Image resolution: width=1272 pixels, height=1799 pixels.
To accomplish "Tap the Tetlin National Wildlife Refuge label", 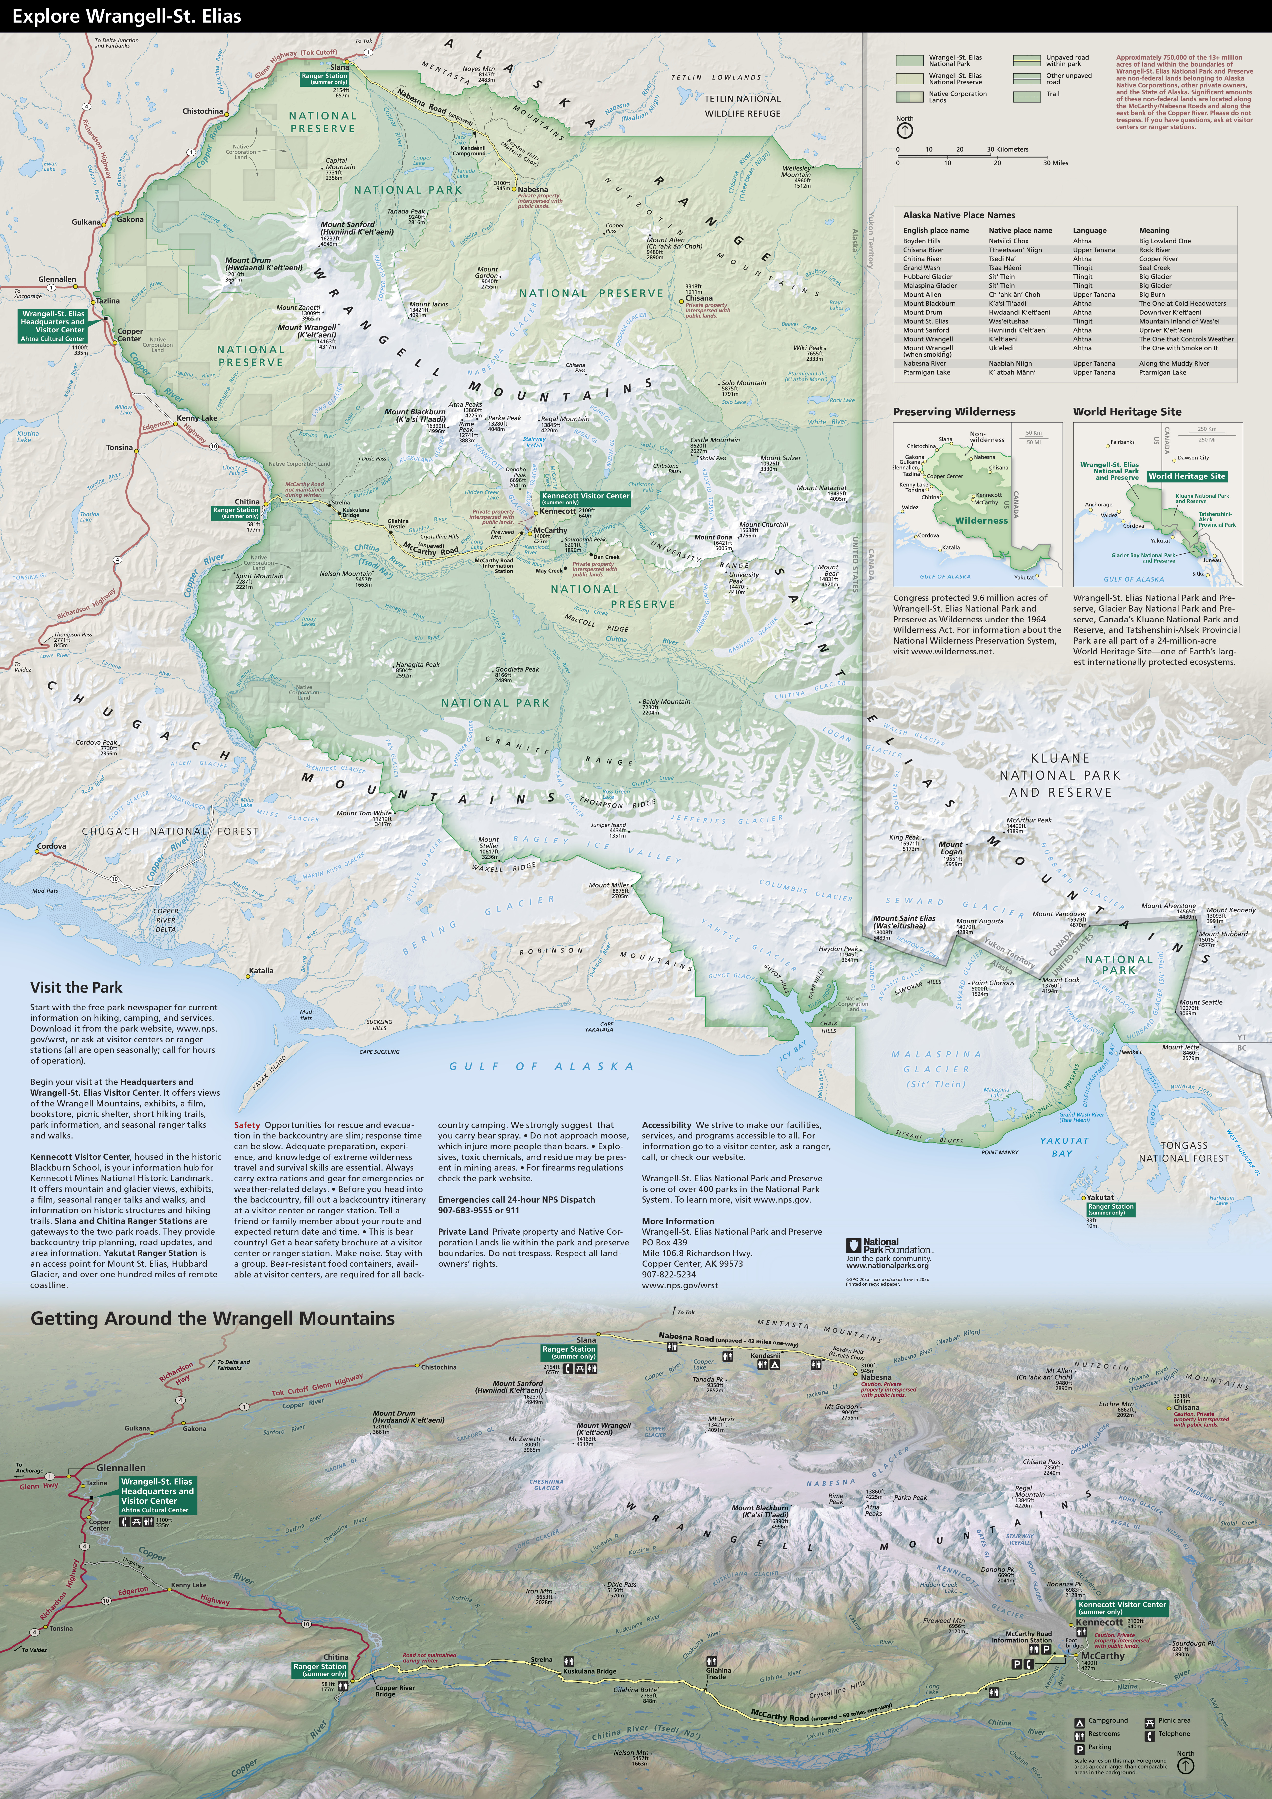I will click(742, 106).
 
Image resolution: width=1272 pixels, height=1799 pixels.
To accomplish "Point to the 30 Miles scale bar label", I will click(1055, 163).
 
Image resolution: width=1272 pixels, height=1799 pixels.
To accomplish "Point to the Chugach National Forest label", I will click(170, 831).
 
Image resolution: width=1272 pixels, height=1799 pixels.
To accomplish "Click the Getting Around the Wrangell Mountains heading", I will click(212, 1318).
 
